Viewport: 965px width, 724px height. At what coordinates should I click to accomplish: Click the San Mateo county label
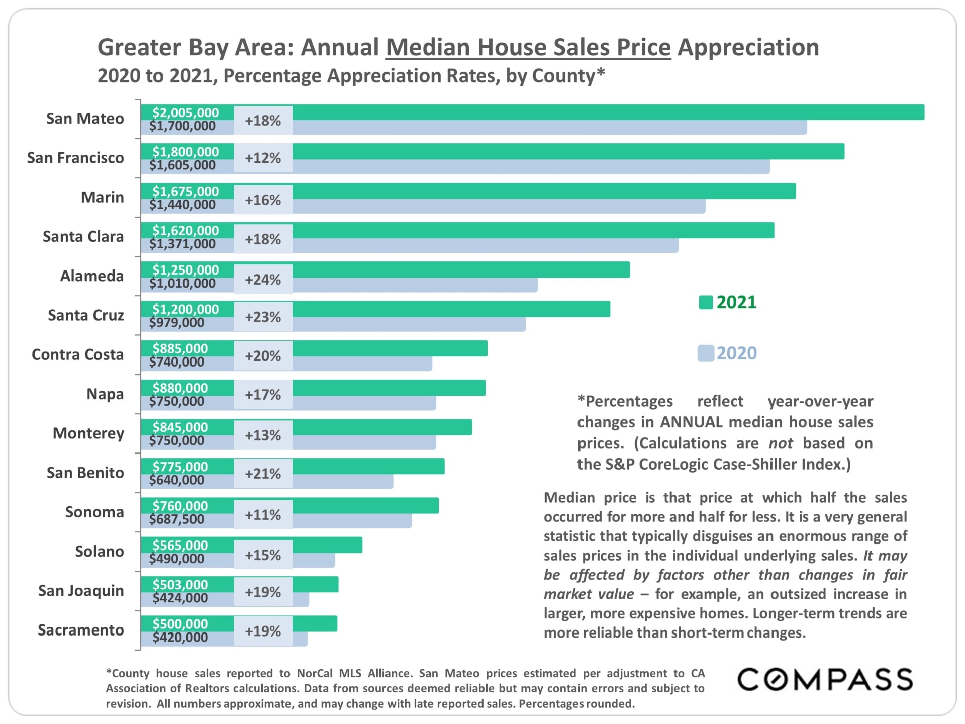tap(85, 119)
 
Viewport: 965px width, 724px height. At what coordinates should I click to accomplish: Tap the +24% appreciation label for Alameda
tap(263, 280)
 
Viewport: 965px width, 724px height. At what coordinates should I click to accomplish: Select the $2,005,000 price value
tap(185, 112)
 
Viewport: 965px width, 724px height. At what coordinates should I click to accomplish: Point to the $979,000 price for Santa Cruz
tap(176, 323)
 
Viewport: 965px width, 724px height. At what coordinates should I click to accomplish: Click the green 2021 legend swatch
tap(706, 303)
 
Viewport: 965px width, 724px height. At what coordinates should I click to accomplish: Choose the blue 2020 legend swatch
tap(706, 353)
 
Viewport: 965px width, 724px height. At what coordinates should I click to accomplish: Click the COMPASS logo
tap(825, 680)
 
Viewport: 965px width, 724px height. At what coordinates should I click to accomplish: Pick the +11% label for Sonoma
tap(263, 515)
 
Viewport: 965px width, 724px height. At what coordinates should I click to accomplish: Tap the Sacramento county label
tap(81, 630)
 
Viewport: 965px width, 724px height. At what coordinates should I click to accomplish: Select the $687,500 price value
tap(176, 519)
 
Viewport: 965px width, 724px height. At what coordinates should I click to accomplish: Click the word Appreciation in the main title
tap(748, 47)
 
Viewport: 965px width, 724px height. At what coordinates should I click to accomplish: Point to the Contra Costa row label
tap(77, 354)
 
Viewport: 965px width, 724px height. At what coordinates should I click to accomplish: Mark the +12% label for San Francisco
tap(263, 158)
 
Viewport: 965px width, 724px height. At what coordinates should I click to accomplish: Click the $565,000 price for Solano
tap(180, 545)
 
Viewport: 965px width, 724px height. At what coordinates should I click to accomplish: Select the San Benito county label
tap(85, 473)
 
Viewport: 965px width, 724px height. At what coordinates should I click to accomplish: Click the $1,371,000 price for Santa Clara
tap(182, 244)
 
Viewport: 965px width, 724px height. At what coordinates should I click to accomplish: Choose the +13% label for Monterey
tap(263, 435)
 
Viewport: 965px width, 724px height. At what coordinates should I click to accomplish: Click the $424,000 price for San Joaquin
tap(180, 598)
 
